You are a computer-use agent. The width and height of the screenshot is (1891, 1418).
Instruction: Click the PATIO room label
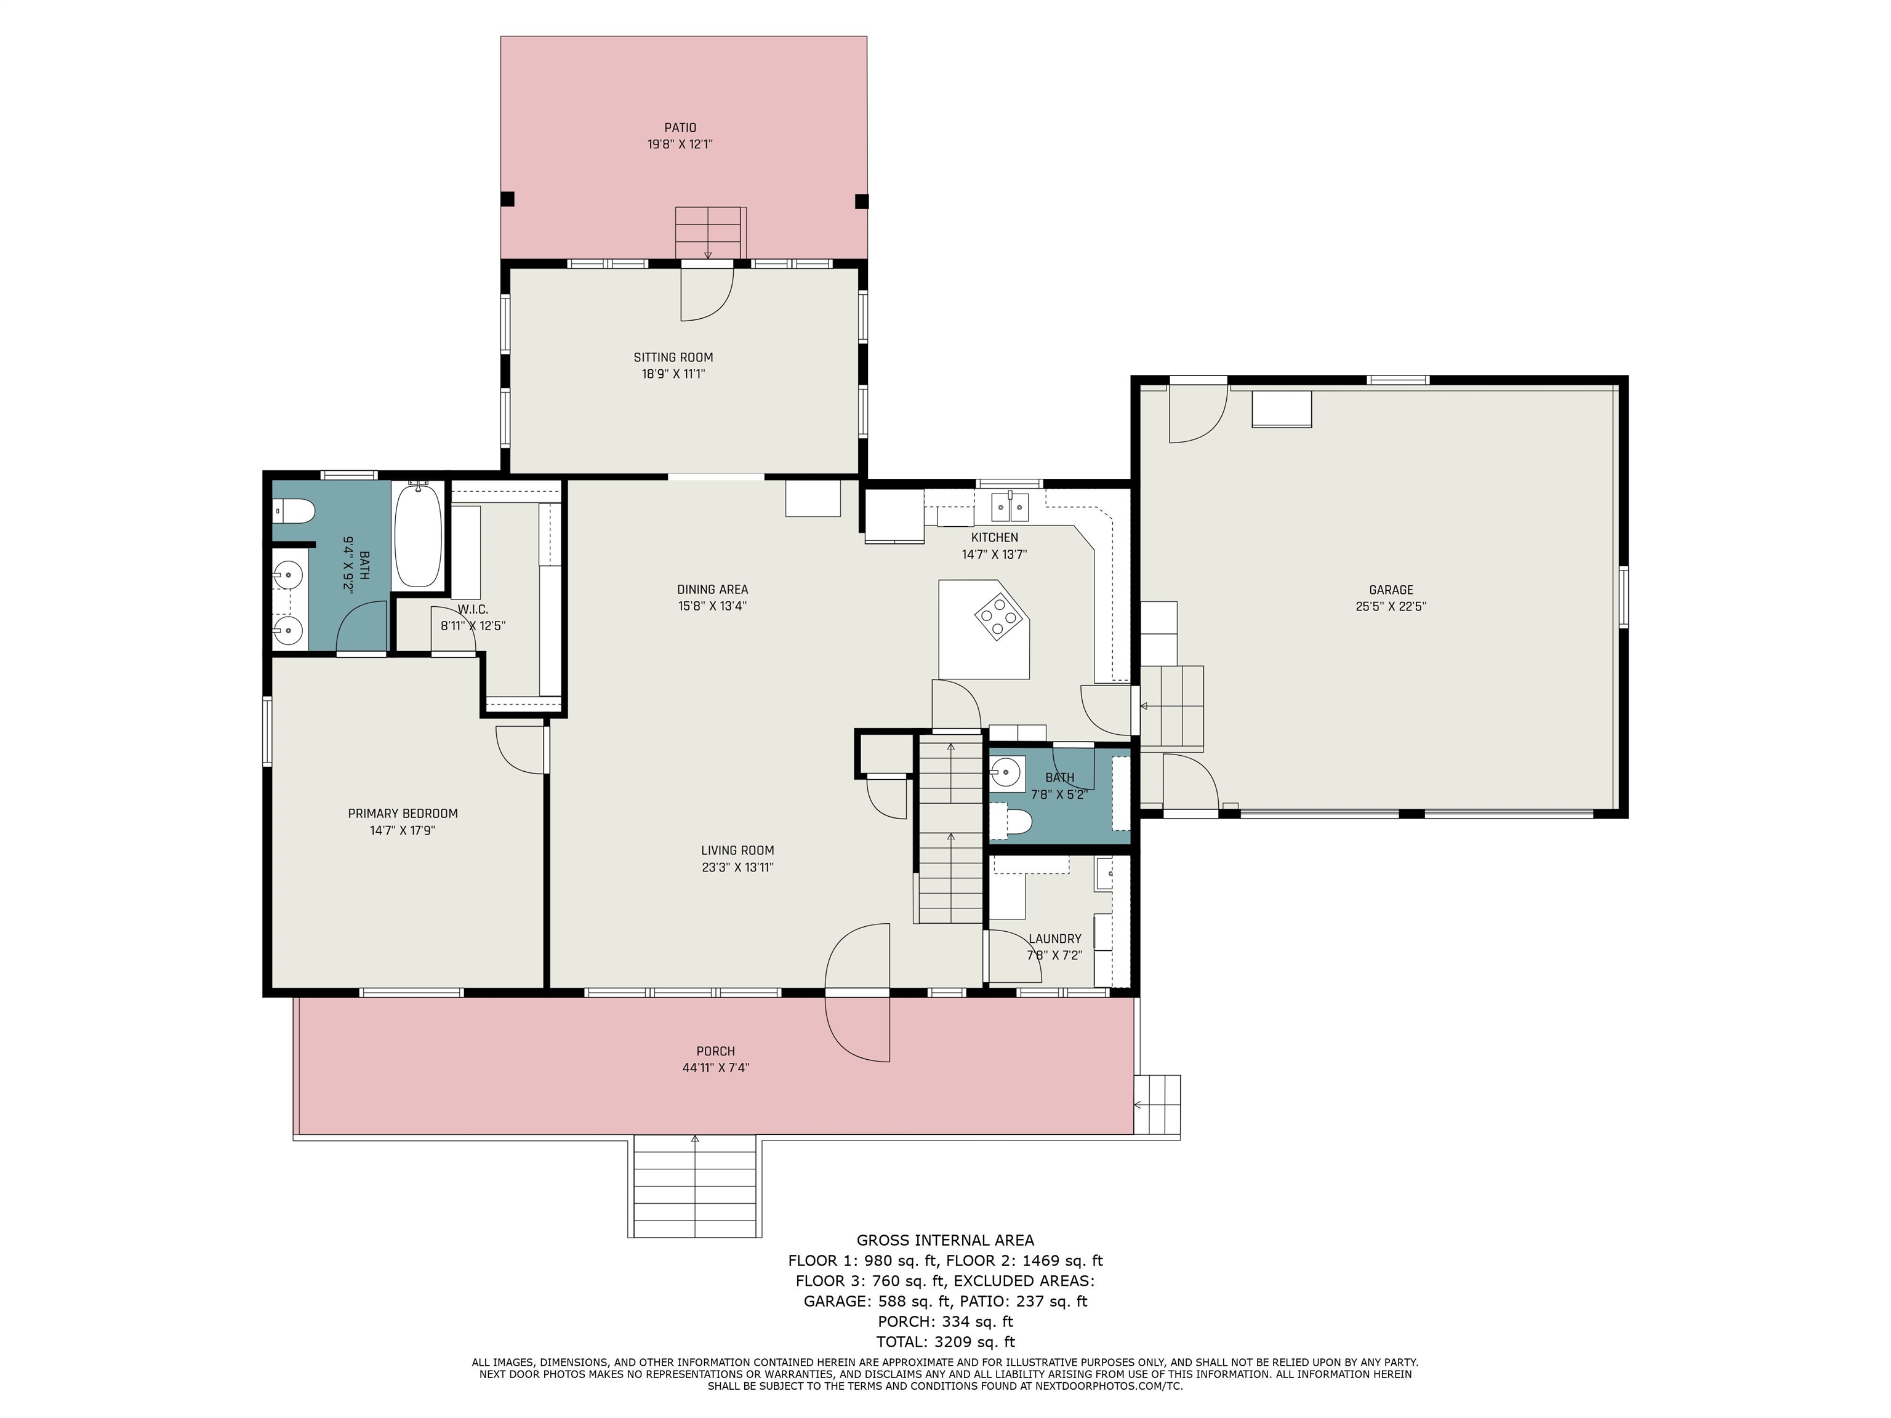pos(680,128)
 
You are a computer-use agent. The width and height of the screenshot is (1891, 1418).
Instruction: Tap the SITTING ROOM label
pos(673,358)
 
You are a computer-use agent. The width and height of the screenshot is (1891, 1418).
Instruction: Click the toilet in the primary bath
pos(294,511)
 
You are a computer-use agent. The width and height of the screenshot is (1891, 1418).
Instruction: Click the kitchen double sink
pos(1011,508)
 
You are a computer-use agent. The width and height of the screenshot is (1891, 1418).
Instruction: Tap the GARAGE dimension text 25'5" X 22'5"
pos(1391,607)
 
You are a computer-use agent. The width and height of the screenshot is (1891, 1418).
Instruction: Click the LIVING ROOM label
pos(738,851)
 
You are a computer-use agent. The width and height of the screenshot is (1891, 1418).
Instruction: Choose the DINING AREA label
pos(712,590)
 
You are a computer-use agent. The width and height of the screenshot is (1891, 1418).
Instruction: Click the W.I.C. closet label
pos(473,609)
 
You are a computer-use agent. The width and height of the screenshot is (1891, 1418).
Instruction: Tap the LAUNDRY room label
pos(1055,939)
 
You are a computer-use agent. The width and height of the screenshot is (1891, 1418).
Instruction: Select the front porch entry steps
pos(694,1187)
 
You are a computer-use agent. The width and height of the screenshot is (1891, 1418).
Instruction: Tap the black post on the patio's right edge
pos(862,202)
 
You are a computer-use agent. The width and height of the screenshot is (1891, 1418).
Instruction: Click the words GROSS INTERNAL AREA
pos(945,1240)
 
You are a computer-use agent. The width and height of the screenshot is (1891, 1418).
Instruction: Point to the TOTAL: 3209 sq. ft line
pos(945,1342)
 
